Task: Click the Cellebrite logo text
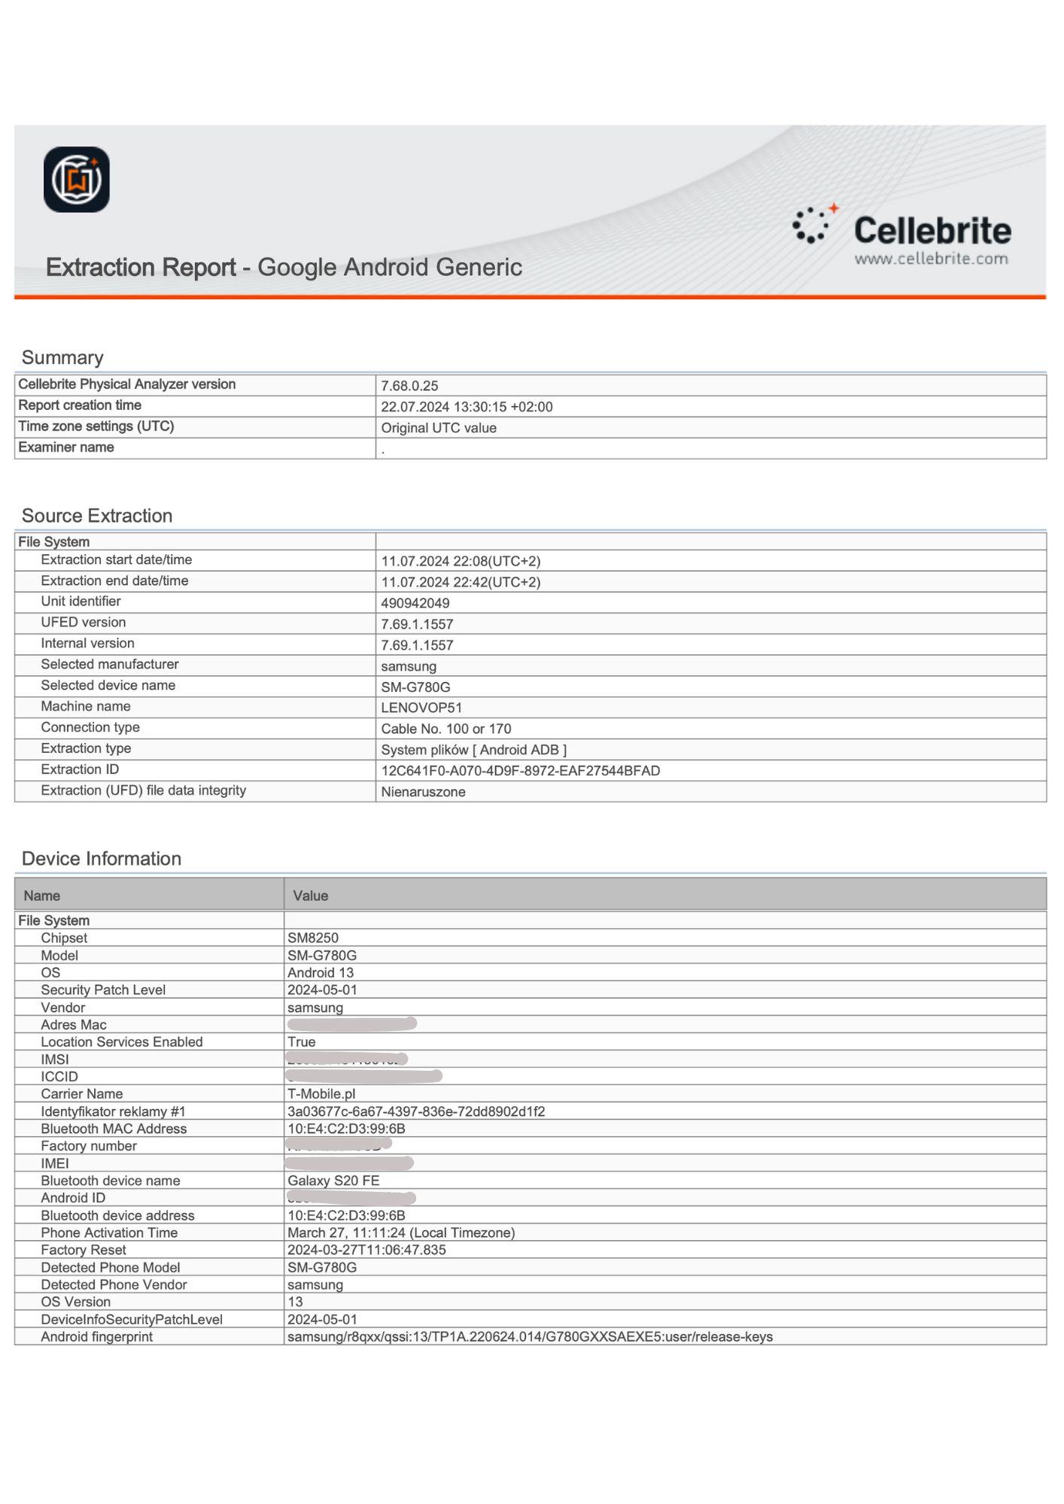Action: (x=932, y=230)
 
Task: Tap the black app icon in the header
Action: (x=77, y=180)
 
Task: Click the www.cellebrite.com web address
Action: (x=931, y=259)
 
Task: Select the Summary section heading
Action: (x=62, y=357)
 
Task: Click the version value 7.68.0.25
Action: (x=409, y=386)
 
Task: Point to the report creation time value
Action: (x=467, y=407)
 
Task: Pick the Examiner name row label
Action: (x=66, y=447)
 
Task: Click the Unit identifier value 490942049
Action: (x=415, y=603)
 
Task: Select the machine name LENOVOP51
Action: (x=421, y=708)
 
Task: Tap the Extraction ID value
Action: (x=520, y=771)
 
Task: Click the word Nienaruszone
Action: (x=423, y=792)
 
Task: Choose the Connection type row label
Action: (x=90, y=727)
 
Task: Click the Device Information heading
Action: (x=102, y=859)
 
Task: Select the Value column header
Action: (x=311, y=896)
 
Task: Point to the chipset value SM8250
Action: (x=313, y=938)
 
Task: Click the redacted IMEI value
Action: (x=350, y=1163)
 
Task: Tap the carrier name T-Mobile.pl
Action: (x=321, y=1093)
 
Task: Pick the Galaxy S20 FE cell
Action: (x=333, y=1181)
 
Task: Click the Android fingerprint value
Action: (x=530, y=1336)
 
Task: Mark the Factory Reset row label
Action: (x=84, y=1250)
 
